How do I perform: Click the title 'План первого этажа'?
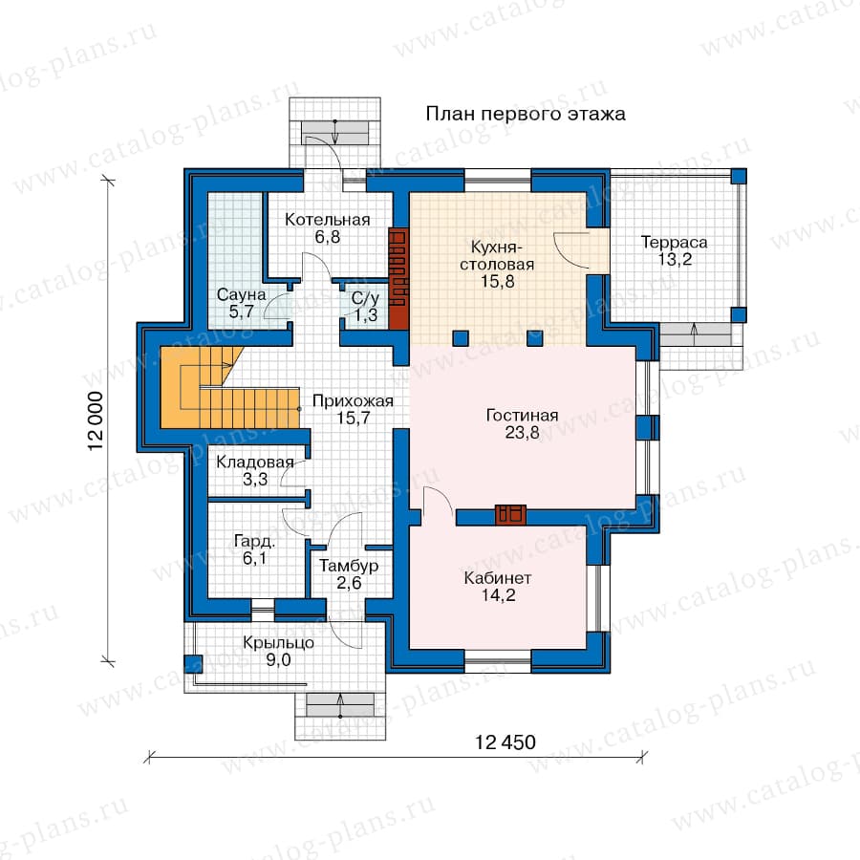(x=526, y=114)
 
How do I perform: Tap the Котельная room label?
(x=328, y=220)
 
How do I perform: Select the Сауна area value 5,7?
(x=242, y=312)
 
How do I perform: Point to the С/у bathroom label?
(x=365, y=299)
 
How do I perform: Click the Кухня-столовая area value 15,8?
(x=498, y=281)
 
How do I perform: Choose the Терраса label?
(x=674, y=242)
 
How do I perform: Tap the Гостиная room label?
(x=522, y=416)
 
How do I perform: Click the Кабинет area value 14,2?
(x=498, y=594)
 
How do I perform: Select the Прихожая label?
(x=353, y=401)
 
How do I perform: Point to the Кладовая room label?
(x=255, y=462)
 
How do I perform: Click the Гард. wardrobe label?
(x=254, y=542)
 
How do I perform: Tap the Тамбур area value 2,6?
(x=349, y=583)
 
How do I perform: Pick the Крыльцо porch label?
(x=279, y=643)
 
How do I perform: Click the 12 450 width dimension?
(x=505, y=742)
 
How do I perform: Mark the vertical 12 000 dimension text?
(x=96, y=420)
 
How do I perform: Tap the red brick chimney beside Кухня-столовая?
(x=398, y=279)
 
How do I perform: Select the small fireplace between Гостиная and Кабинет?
(x=510, y=515)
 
